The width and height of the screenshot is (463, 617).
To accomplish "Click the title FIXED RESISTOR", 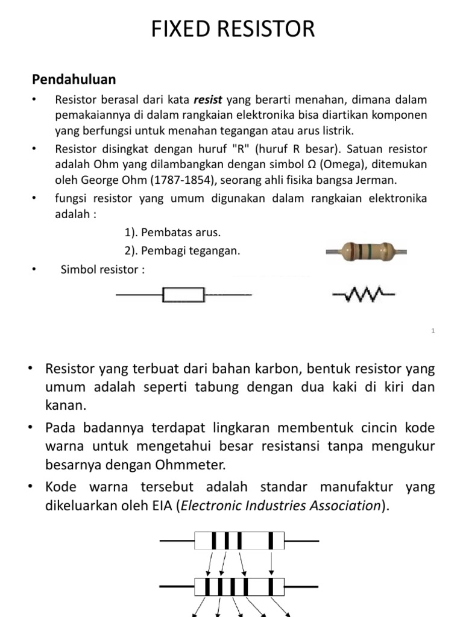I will coord(231,28).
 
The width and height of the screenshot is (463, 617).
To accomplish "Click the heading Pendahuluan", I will coord(74,80).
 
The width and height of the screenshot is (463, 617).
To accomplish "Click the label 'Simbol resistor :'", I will coord(102,269).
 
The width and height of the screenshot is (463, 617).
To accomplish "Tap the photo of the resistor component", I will coord(359,251).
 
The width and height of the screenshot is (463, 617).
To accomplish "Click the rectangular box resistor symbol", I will coord(184,295).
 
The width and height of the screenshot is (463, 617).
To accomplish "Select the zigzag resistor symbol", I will coord(364,295).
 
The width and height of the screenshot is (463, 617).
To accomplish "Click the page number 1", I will coord(433,331).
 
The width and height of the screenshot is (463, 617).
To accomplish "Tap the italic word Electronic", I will coord(217,506).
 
